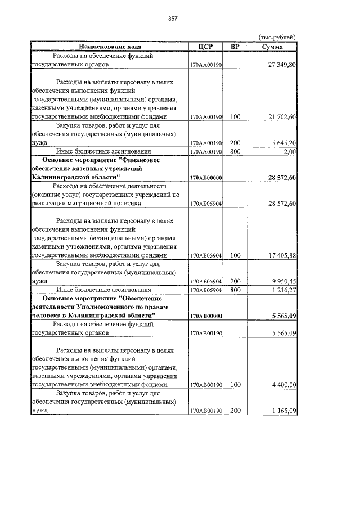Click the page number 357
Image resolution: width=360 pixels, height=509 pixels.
(173, 19)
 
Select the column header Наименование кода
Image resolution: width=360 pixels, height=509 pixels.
(110, 46)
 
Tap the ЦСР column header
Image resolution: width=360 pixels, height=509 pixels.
(206, 46)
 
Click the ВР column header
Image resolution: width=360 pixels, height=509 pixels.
(235, 46)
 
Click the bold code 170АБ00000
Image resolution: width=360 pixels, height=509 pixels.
(206, 178)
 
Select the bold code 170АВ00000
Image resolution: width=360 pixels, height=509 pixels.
(206, 316)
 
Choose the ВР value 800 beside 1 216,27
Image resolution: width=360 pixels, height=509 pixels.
(235, 290)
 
